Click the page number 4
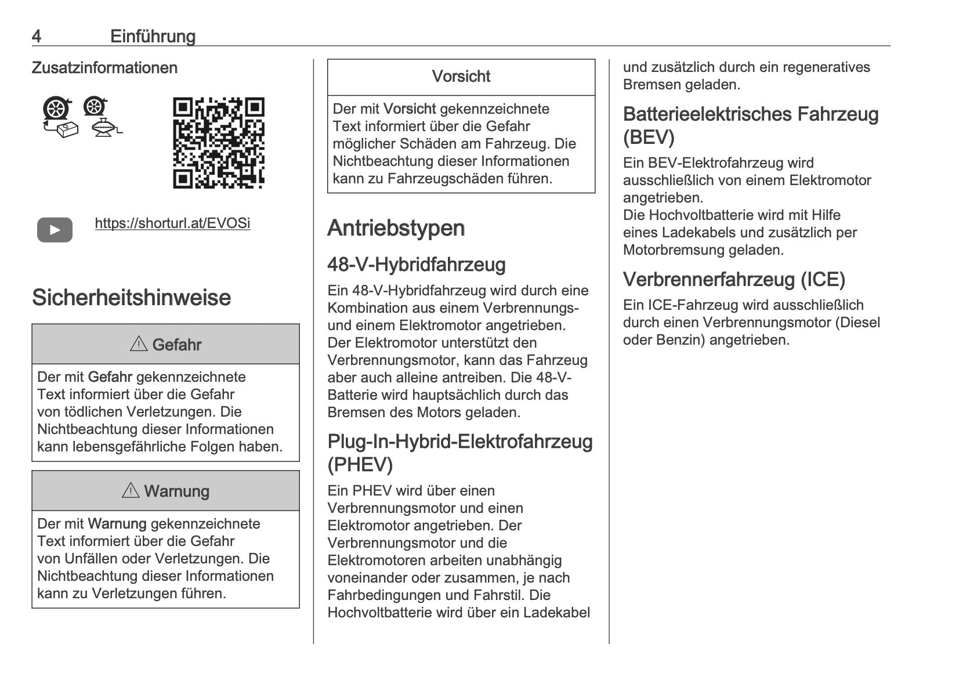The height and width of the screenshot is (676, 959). pyautogui.click(x=37, y=37)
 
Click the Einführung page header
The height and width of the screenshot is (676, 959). pyautogui.click(x=153, y=37)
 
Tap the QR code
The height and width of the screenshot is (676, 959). pyautogui.click(x=219, y=143)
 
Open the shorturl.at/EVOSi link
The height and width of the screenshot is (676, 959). pyautogui.click(x=172, y=223)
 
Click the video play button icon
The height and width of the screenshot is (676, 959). pyautogui.click(x=55, y=230)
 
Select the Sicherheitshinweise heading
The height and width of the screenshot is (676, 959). pyautogui.click(x=131, y=297)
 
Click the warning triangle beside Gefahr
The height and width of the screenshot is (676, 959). pyautogui.click(x=139, y=344)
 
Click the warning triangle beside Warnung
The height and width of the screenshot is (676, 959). pyautogui.click(x=131, y=491)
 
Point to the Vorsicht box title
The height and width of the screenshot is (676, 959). pyautogui.click(x=461, y=77)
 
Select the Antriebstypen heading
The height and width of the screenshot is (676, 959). pyautogui.click(x=396, y=228)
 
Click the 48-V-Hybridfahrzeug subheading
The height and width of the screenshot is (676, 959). pyautogui.click(x=416, y=265)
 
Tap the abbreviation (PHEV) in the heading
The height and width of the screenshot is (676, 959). pyautogui.click(x=360, y=465)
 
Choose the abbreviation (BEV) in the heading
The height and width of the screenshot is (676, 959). pyautogui.click(x=648, y=138)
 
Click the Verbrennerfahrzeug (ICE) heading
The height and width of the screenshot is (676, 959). pyautogui.click(x=733, y=280)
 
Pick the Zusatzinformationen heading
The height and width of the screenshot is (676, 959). pyautogui.click(x=104, y=68)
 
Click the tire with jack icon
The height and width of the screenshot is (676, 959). pyautogui.click(x=102, y=116)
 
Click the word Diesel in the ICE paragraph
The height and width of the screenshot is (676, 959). pyautogui.click(x=857, y=323)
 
